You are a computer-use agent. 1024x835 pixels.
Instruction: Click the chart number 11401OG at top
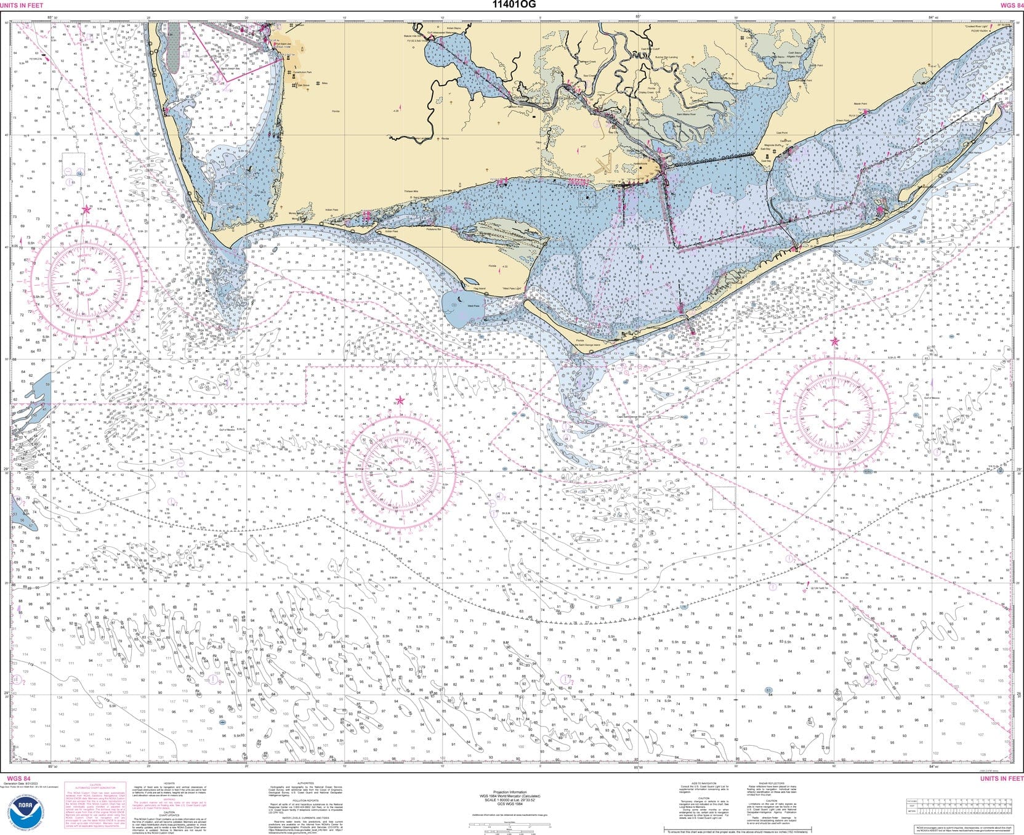514,5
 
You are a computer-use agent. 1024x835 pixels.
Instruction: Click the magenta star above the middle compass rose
400,401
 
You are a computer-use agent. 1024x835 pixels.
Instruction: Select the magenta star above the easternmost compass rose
835,341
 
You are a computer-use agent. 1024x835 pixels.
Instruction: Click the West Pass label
473,306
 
